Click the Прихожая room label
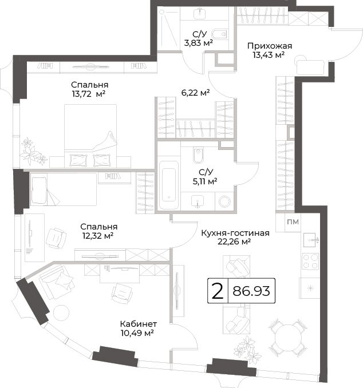(270, 46)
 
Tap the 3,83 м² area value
(198, 43)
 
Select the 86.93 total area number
(251, 291)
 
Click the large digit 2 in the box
(218, 291)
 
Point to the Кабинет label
(139, 324)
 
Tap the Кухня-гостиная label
(235, 233)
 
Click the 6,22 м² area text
(196, 93)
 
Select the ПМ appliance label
(293, 222)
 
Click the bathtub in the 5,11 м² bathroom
(169, 185)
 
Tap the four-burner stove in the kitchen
(310, 262)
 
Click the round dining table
(289, 337)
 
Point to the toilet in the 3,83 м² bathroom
(220, 34)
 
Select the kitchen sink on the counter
(310, 240)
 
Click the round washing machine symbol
(224, 201)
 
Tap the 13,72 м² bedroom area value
(89, 94)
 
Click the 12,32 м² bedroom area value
(98, 236)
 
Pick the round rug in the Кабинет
(61, 313)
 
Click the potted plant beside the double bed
(33, 151)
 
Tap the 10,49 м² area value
(137, 333)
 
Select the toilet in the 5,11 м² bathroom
(198, 155)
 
